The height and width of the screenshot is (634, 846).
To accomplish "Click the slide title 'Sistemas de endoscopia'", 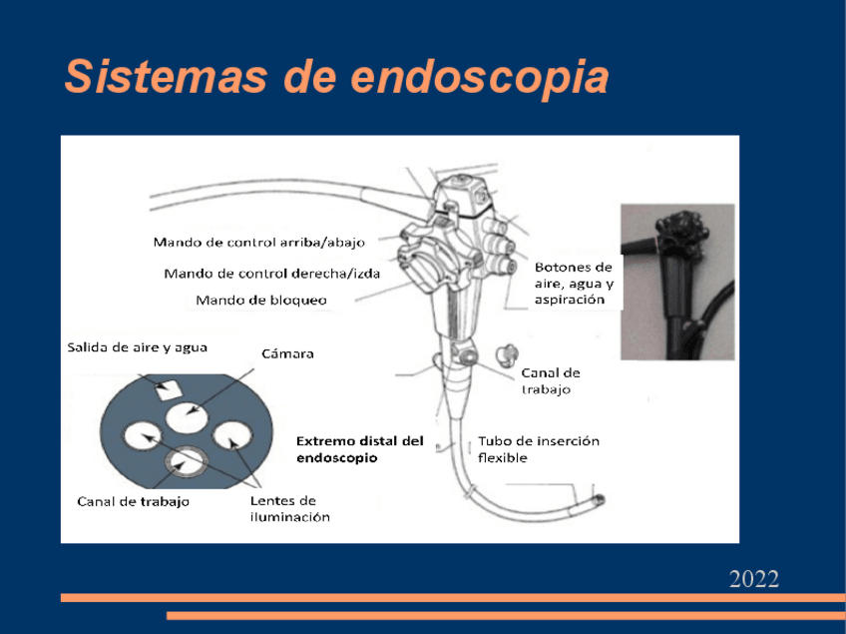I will pos(336,76).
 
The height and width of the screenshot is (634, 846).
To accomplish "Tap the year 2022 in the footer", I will pos(753,579).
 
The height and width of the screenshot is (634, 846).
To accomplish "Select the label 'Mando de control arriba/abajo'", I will pos(258,242).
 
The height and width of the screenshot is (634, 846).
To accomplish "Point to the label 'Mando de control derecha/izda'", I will pos(271,273).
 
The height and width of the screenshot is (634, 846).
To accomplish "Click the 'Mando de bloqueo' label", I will pos(261,300).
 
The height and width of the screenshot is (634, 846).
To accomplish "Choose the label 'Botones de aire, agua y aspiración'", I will pos(573,283).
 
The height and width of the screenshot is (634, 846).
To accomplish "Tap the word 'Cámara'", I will pos(287,354).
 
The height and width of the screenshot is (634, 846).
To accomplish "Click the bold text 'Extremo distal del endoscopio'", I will pos(360,448).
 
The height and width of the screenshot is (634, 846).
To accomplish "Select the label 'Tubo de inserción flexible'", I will pos(538,448).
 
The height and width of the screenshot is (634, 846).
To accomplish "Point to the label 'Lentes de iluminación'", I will pos(288,508).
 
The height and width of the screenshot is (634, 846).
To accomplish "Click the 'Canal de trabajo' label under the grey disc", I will pos(133,501).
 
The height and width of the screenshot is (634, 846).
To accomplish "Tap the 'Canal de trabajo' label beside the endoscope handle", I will pos(550,380).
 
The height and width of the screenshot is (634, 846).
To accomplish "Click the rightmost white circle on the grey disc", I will pos(233,436).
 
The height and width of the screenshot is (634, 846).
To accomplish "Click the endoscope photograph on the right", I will pos(676,281).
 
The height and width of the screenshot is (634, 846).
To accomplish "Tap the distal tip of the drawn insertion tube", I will pos(599,496).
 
